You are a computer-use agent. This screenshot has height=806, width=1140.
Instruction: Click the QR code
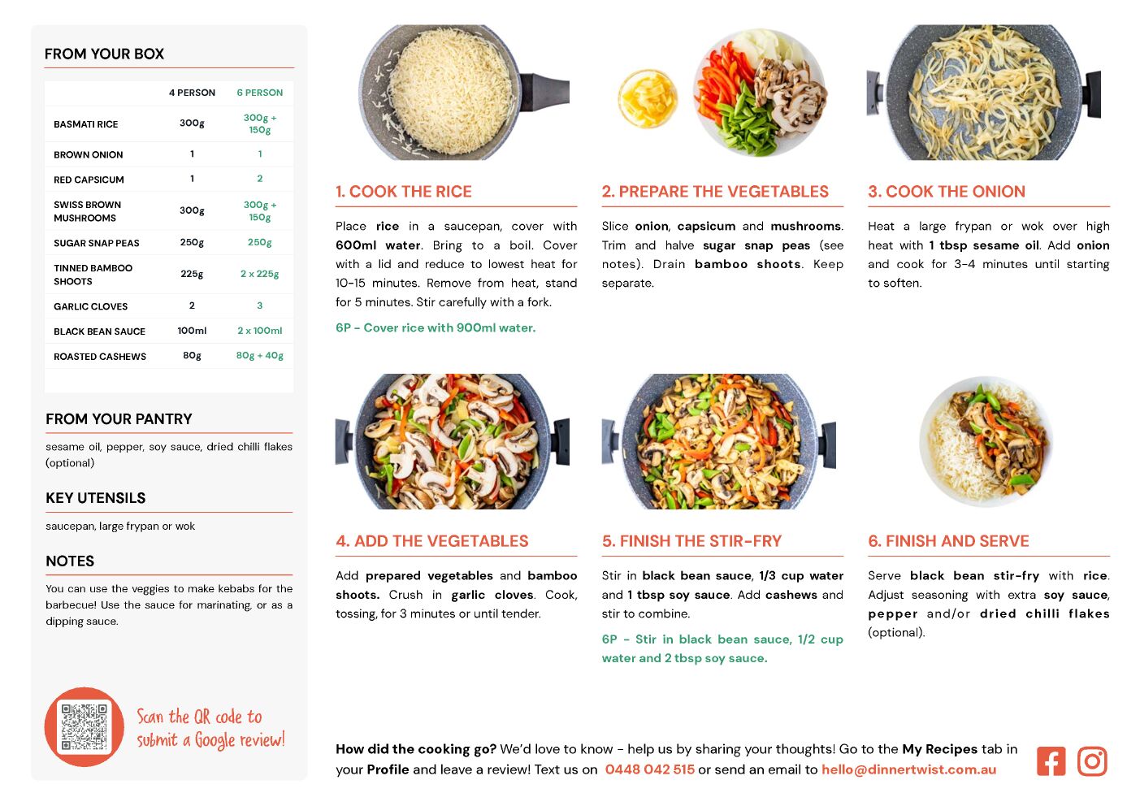[84, 727]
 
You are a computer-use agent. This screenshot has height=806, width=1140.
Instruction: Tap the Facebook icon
[1051, 761]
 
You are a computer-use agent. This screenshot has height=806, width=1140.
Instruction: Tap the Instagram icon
[1092, 761]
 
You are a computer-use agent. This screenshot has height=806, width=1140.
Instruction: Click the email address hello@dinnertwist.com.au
[909, 769]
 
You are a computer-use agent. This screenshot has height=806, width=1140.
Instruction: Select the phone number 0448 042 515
[649, 769]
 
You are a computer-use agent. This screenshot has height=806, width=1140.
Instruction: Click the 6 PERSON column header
[259, 93]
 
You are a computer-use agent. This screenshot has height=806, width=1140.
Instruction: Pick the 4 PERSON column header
[192, 93]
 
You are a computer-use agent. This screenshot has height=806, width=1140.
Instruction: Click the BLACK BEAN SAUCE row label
[100, 331]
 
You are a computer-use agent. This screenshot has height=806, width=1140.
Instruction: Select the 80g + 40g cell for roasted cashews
[259, 356]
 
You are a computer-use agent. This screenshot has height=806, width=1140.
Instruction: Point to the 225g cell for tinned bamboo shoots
[192, 274]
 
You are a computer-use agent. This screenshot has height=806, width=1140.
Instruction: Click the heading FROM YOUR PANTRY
[119, 418]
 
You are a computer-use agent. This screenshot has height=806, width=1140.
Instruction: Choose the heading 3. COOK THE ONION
[947, 191]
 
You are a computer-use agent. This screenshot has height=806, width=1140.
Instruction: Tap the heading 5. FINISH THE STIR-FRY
[691, 541]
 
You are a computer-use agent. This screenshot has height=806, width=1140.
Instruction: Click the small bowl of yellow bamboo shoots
[648, 98]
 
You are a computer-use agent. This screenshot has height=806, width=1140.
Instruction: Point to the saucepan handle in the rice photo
[544, 93]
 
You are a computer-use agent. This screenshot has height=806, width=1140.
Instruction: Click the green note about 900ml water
[436, 328]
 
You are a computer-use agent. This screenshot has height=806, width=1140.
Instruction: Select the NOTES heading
[70, 561]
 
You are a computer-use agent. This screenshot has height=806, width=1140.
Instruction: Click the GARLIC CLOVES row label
[90, 306]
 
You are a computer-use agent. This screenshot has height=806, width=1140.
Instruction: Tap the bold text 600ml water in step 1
[378, 245]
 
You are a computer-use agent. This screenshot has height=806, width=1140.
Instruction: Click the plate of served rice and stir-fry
[986, 441]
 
